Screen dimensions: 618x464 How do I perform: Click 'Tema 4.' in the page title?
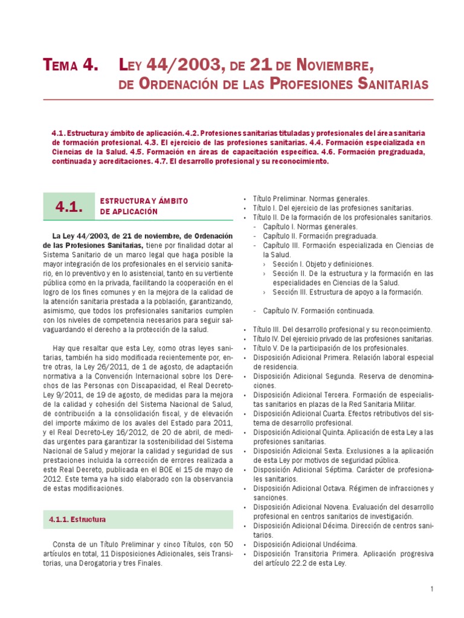point(70,65)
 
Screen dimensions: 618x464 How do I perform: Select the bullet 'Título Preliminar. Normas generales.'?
point(311,199)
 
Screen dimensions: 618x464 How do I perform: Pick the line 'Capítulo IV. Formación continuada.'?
point(318,311)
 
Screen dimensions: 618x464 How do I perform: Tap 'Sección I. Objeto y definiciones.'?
point(323,264)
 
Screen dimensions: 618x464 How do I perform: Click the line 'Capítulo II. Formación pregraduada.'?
point(320,236)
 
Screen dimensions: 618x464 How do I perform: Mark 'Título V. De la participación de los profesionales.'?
point(330,348)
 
